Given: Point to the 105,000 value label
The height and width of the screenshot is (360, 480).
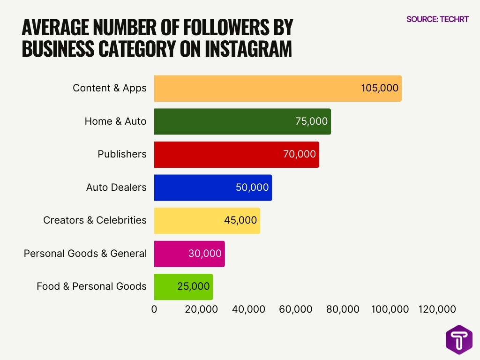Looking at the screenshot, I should click(380, 88).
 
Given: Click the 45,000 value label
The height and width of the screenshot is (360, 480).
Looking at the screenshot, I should click(240, 220).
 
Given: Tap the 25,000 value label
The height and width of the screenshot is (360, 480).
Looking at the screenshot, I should click(194, 286).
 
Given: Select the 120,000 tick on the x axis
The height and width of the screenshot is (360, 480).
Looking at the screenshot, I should click(437, 309).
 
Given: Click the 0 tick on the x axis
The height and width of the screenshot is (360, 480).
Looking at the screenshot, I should click(154, 309).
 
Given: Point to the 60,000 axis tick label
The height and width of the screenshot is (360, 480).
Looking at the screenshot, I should click(296, 309).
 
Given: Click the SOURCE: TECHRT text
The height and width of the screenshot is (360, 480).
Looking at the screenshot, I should click(437, 19).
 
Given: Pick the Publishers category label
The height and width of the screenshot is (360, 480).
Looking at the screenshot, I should click(122, 154).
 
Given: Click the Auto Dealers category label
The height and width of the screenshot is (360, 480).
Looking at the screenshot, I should click(116, 187).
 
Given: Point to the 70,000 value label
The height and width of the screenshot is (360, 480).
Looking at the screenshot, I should click(300, 154).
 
